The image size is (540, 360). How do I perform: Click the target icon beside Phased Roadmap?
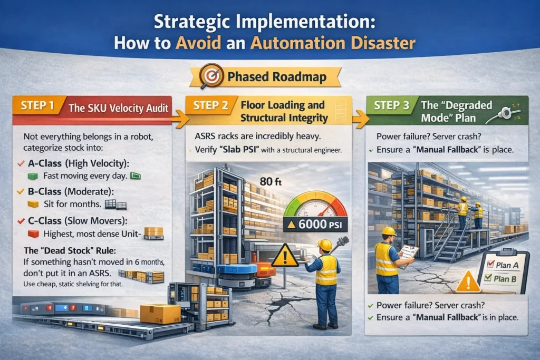coord(211,75)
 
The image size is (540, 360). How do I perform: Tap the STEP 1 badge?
coord(38,105)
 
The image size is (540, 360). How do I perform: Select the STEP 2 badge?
coord(211,105)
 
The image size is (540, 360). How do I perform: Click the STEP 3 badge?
coord(392,105)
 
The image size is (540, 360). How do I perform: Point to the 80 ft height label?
coord(271,181)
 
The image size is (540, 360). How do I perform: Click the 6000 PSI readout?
coord(315,225)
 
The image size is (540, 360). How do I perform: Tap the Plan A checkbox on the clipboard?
coord(491,264)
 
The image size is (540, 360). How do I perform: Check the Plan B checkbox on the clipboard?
coord(488,277)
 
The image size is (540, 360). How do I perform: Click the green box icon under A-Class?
coord(32,176)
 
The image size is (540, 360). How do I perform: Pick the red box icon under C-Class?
coord(33,234)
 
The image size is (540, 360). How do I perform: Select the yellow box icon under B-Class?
coord(33,205)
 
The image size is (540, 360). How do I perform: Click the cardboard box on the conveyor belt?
coord(160,314)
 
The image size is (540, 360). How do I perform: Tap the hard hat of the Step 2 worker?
coord(324,245)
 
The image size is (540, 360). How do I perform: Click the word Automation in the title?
coord(298,43)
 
